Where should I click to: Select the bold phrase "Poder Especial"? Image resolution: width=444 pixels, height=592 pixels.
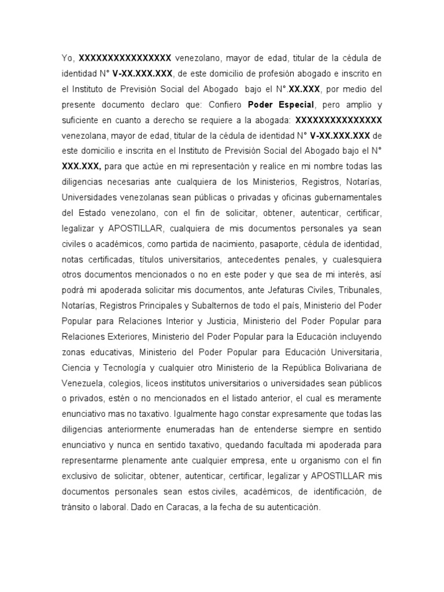click(x=280, y=105)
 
